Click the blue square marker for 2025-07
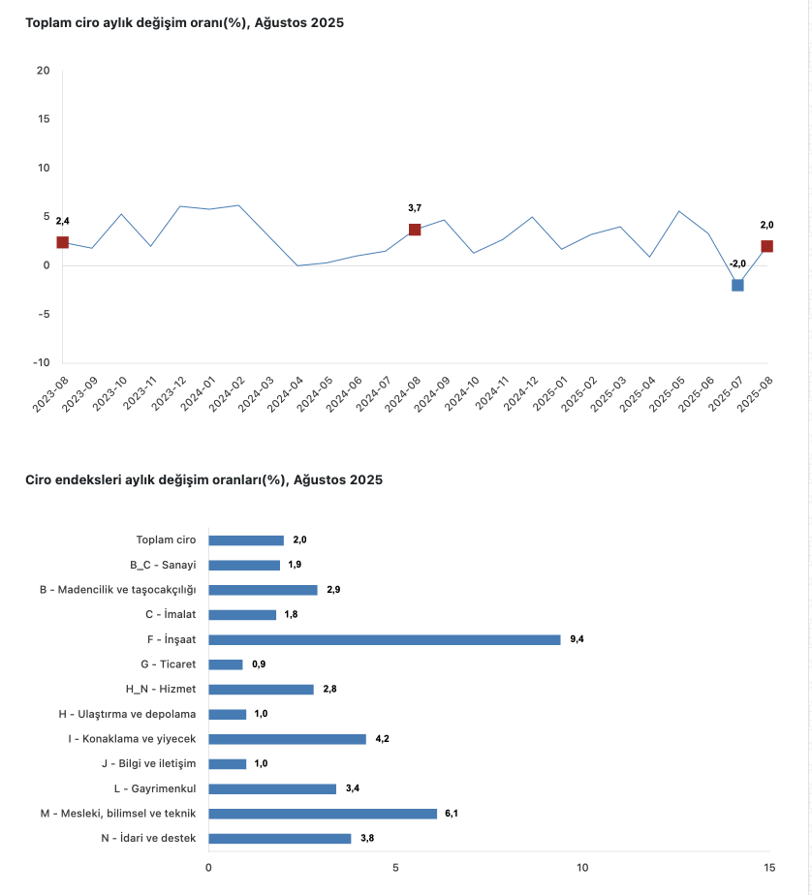point(737,285)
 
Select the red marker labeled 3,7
point(415,230)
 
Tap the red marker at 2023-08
point(63,242)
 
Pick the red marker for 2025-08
point(766,246)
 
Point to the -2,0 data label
point(737,263)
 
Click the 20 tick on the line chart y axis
point(43,70)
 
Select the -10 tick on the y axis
point(41,363)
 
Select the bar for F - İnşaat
point(384,639)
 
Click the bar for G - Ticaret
point(226,664)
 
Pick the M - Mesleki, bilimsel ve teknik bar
point(323,814)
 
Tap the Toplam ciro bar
point(246,540)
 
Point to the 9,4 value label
point(577,639)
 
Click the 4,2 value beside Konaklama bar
point(382,739)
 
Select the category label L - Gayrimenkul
point(155,788)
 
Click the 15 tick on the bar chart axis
point(768,867)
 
